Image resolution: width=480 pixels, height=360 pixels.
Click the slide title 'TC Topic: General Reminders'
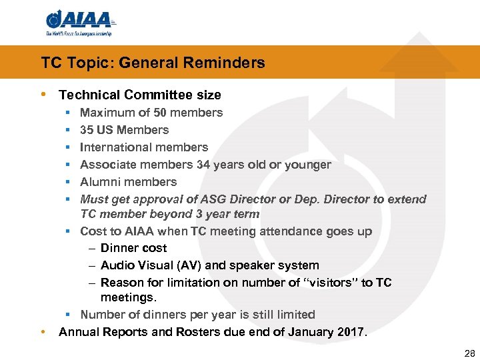pos(153,63)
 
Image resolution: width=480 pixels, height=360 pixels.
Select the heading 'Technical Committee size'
pos(140,95)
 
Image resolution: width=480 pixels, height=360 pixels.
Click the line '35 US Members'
pos(124,130)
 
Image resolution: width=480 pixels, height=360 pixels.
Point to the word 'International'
pos(110,147)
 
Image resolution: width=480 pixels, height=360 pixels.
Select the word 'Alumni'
pos(98,182)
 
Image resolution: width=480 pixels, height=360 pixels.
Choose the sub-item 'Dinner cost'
pos(133,248)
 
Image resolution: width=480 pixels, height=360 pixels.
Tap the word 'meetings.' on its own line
pos(127,297)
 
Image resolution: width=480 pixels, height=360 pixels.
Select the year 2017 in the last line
pos(350,331)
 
